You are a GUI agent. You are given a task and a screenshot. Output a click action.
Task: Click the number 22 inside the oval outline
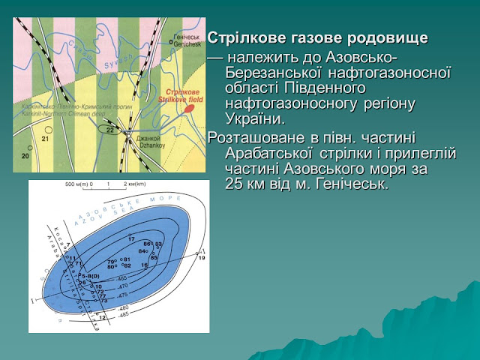(110, 130)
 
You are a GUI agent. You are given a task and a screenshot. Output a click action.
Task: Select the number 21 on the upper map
(45, 139)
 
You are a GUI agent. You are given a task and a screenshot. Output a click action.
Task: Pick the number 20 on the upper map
(25, 155)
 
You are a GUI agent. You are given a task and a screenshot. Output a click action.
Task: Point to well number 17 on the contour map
(131, 238)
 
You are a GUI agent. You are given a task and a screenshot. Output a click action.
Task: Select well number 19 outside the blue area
(201, 257)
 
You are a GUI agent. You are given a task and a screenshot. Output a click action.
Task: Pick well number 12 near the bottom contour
(103, 317)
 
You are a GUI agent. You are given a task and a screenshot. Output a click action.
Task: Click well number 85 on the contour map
(154, 257)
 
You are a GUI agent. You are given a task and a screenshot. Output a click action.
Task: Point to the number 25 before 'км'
(235, 185)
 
